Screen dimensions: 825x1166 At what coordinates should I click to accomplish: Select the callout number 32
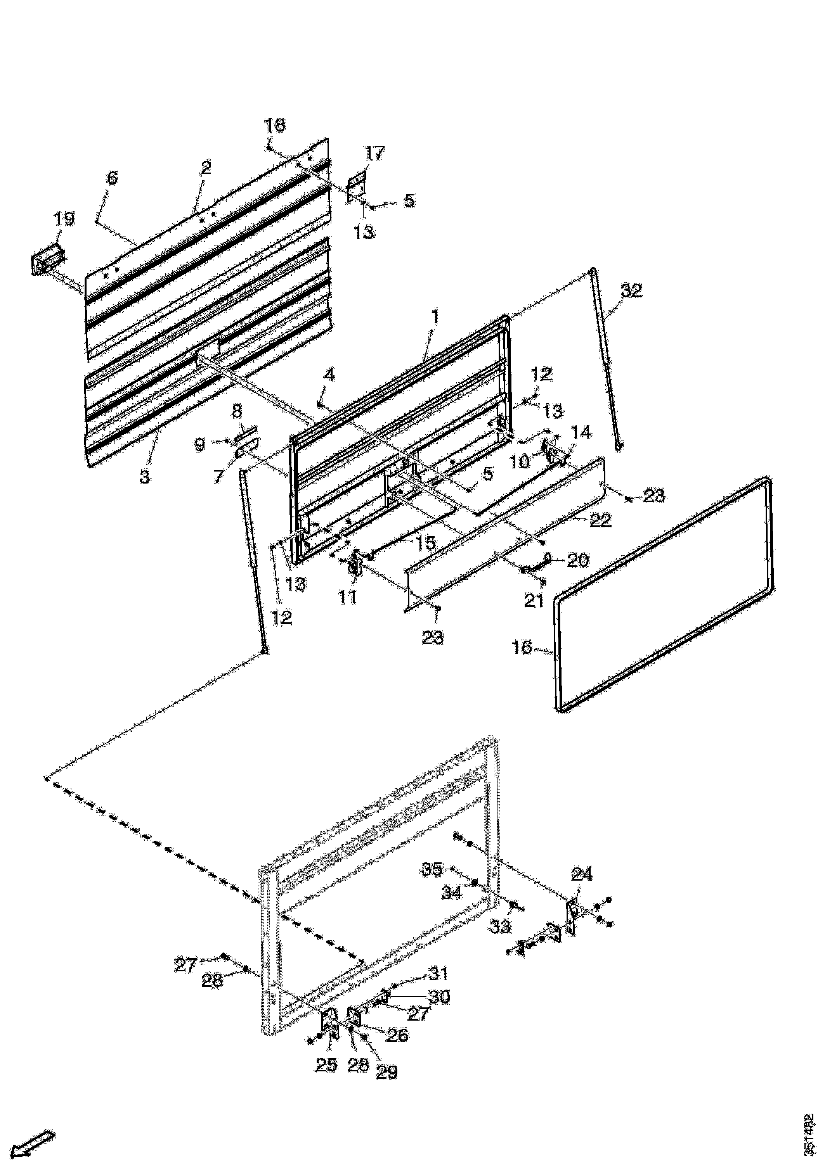631,291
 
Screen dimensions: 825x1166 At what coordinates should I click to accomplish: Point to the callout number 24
582,874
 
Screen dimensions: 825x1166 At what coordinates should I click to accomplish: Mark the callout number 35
433,869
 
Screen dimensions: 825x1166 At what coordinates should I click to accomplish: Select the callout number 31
438,974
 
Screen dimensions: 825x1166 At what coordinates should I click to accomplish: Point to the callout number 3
145,477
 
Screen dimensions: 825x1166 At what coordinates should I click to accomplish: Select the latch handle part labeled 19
47,260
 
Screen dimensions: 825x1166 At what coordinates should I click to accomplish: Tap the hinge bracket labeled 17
357,187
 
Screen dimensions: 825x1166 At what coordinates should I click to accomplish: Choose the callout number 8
237,411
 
